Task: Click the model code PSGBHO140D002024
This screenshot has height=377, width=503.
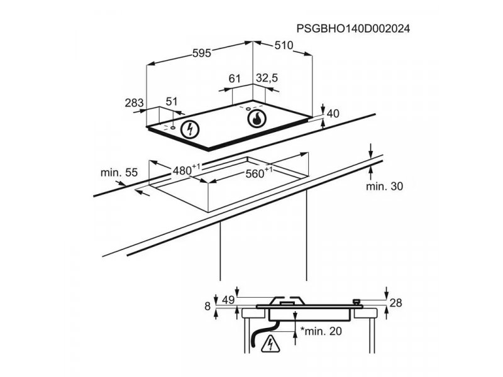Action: pos(353,29)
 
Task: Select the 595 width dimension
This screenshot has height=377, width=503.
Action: pos(202,53)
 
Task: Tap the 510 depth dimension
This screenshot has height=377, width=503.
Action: pos(284,45)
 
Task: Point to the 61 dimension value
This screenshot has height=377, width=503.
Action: pos(235,78)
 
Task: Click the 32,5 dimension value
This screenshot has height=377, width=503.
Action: pos(267,78)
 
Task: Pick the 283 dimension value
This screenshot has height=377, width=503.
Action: pos(134,103)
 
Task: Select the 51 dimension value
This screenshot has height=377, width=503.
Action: pos(172,102)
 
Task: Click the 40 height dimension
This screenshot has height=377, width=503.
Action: pos(333,114)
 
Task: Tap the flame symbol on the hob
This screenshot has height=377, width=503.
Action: pos(257,119)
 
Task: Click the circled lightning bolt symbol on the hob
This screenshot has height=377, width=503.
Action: pos(190,130)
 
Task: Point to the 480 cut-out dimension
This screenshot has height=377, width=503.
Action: pos(186,169)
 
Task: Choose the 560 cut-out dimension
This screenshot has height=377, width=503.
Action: pos(259,173)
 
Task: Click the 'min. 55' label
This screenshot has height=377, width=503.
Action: pos(119,172)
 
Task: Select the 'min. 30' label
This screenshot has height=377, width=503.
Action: pos(384,186)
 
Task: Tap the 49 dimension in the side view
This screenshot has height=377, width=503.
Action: pos(228,300)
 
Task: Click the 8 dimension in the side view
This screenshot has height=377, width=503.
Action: pos(207,306)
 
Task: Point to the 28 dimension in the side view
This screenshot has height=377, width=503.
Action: pos(395,303)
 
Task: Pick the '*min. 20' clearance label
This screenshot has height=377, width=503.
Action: pos(321,331)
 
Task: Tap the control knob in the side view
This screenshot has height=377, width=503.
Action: pos(356,302)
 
